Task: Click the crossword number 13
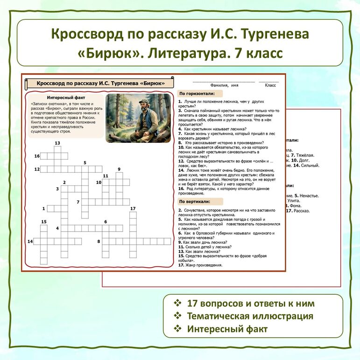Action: point(57,143)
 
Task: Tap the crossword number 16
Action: point(37,156)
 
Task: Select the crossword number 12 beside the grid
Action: point(37,169)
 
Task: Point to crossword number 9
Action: point(119,169)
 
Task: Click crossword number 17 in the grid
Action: point(133,208)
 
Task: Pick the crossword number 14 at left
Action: point(30,241)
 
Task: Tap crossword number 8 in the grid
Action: point(99,241)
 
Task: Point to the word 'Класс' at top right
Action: point(270,85)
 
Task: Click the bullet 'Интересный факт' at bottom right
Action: point(227,329)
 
